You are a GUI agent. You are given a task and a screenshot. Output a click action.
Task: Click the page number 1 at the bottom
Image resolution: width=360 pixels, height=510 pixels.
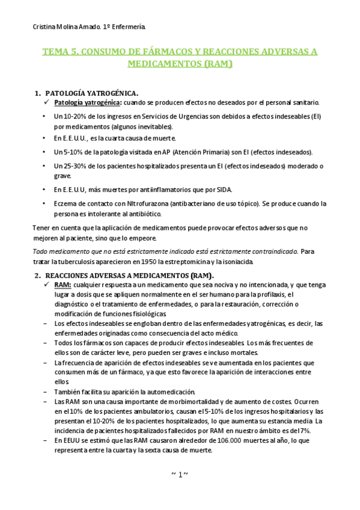coord(180,475)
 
